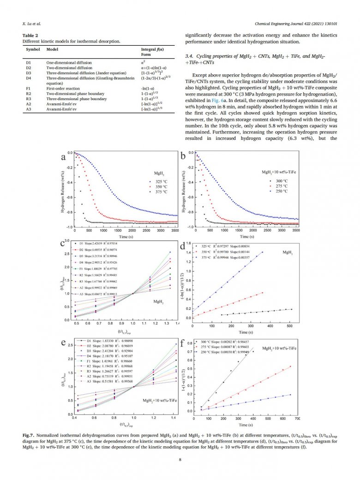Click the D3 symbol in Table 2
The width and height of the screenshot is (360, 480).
[x=29, y=72]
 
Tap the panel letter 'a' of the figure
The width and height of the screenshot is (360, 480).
[x=63, y=157]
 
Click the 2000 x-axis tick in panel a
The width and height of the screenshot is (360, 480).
[x=132, y=230]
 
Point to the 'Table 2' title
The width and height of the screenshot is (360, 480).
[x=30, y=36]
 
